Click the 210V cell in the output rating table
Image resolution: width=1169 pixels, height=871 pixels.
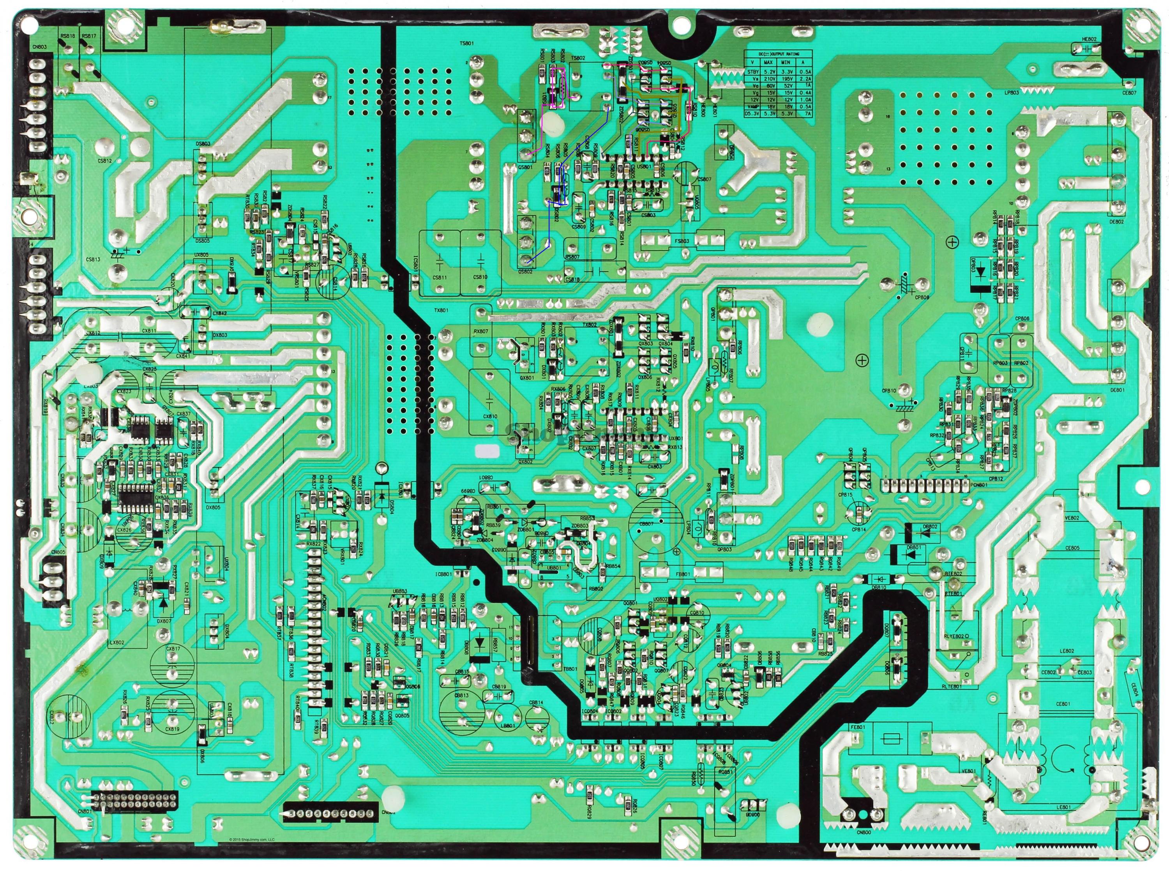click(768, 78)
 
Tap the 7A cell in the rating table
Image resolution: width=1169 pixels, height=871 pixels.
click(803, 113)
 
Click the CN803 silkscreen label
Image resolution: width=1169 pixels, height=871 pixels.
click(39, 47)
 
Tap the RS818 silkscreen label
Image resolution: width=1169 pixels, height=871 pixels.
click(67, 36)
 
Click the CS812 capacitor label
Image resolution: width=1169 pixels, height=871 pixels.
click(105, 160)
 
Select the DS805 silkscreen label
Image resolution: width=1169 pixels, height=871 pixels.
click(202, 240)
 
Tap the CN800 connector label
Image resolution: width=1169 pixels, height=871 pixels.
click(864, 832)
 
